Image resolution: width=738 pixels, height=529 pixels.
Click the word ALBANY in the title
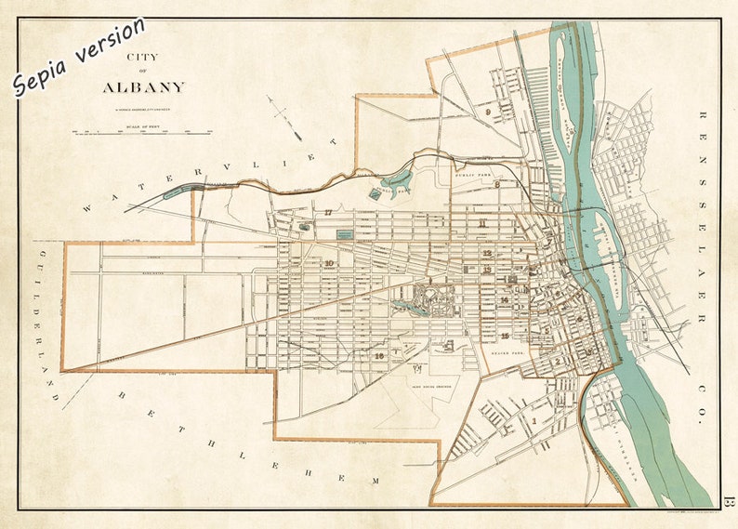pos(144,87)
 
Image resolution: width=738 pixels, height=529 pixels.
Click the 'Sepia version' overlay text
pos(79,57)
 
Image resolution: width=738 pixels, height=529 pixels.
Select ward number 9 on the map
pos(487,112)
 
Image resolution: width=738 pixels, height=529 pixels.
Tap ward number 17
pos(328,213)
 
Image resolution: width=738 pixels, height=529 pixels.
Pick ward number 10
pos(329,263)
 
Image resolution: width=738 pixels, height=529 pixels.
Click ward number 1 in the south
pos(535,420)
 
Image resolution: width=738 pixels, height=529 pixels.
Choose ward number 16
pos(378,355)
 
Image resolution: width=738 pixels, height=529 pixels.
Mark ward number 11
pos(482,223)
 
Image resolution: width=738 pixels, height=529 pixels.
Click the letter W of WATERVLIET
pos(87,208)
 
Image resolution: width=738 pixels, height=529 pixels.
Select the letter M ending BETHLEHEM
pos(376,480)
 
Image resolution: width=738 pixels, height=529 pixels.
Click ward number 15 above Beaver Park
pos(505,336)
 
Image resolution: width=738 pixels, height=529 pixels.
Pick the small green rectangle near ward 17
pos(344,236)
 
